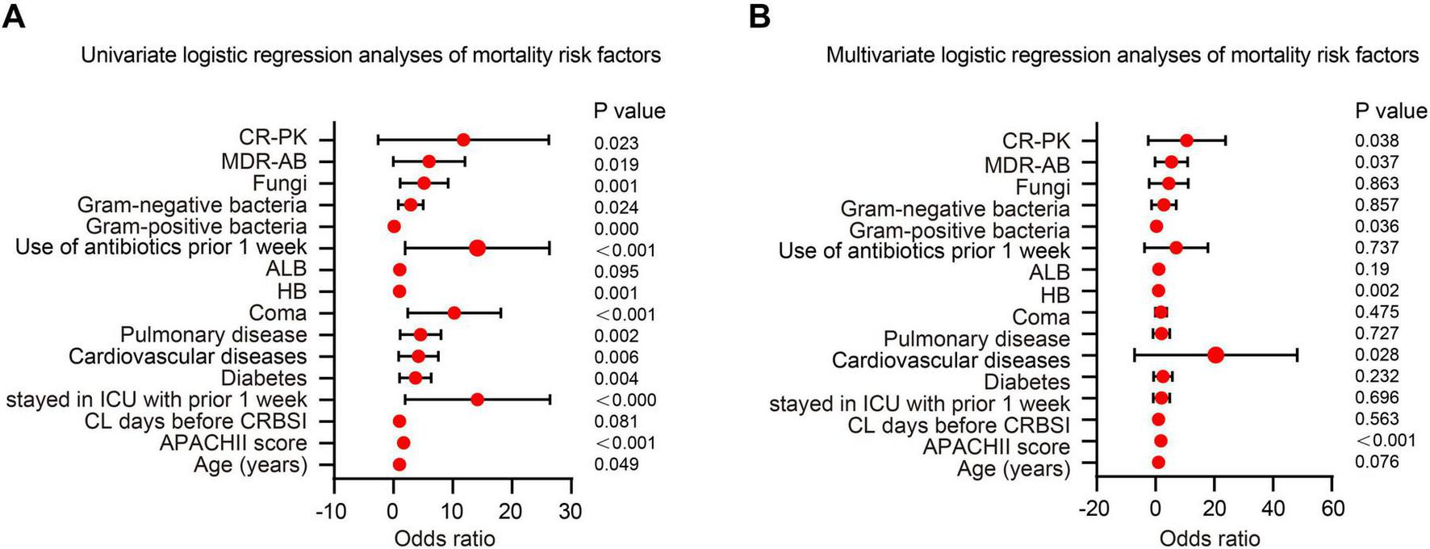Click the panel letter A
point(15,16)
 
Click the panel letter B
point(759,16)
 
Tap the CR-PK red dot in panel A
point(463,140)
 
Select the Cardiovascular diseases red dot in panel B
point(1215,354)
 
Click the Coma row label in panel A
point(278,313)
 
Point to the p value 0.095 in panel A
point(617,272)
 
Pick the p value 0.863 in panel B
point(1377,183)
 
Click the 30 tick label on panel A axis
point(571,510)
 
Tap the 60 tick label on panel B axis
point(1332,509)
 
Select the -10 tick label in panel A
point(331,510)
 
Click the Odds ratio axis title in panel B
point(1209,538)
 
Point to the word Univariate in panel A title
point(127,55)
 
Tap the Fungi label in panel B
point(1043,187)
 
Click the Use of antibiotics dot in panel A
point(477,248)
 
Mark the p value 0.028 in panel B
point(1377,354)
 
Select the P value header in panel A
point(629,111)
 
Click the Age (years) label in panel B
point(1014,468)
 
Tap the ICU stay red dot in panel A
point(477,399)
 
